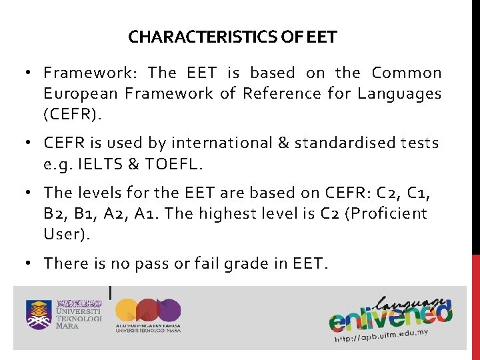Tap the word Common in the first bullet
pyautogui.click(x=407, y=73)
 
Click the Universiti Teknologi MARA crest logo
pyautogui.click(x=39, y=314)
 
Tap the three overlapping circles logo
pyautogui.click(x=148, y=311)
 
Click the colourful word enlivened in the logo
pyautogui.click(x=390, y=314)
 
